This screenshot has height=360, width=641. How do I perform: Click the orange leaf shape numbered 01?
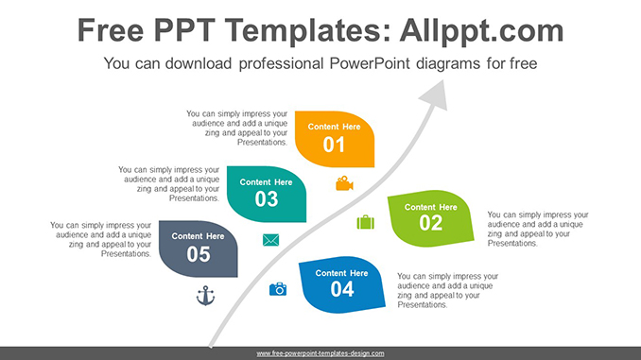pos(335,138)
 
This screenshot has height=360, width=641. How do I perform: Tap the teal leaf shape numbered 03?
pos(267,193)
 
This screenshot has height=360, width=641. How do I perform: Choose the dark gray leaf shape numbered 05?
pos(198,248)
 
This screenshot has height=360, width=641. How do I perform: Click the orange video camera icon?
pos(344,183)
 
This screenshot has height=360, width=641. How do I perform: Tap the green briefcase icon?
pos(365,222)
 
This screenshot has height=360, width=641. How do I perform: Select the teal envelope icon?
pos(271,240)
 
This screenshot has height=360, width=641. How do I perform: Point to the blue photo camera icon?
pos(278,289)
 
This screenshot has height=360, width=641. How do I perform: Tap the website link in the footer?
pos(320,353)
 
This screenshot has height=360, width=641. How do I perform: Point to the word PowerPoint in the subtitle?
pos(370,64)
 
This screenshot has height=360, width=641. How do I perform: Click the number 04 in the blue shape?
pos(342,289)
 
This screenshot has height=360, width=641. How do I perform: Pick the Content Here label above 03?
pos(267,182)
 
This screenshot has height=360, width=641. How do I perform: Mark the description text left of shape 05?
pos(101,240)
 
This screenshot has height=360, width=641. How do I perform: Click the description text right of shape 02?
pos(537,229)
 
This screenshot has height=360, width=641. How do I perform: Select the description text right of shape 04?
pos(447,290)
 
